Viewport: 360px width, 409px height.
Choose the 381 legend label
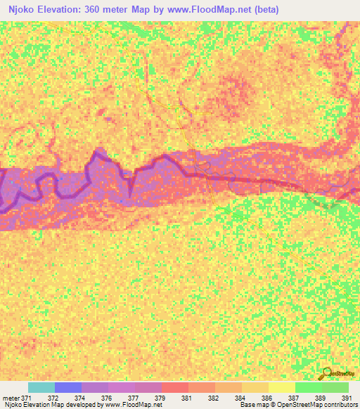(186, 397)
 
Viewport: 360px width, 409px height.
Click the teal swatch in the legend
(41, 387)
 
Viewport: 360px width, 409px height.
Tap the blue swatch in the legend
(68, 387)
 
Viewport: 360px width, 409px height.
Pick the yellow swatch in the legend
(282, 387)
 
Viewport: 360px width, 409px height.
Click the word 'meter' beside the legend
(11, 397)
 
